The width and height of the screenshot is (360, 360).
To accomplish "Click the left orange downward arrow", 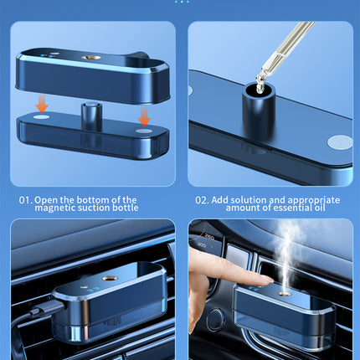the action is (42, 104).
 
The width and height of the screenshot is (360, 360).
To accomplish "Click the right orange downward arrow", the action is (144, 117).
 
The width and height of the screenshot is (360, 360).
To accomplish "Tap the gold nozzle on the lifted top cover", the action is (91, 57).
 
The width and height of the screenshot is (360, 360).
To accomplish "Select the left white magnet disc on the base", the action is (42, 117).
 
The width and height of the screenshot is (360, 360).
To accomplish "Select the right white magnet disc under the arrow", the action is (144, 131).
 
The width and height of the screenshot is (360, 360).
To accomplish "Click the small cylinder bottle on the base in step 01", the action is (91, 116).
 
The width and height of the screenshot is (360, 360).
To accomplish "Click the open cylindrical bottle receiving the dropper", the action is (259, 110).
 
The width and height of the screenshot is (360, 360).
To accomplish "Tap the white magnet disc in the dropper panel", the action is (340, 142).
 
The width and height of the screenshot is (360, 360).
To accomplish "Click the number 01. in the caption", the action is (26, 200).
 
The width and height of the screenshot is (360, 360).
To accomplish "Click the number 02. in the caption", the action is (202, 200).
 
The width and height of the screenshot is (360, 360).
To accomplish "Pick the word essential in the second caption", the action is (291, 208).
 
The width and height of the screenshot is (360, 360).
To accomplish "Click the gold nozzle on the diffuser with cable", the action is (109, 278).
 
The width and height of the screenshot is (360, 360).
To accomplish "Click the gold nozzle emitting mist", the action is (285, 294).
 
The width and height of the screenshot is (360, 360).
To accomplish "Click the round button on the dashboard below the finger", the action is (215, 319).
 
